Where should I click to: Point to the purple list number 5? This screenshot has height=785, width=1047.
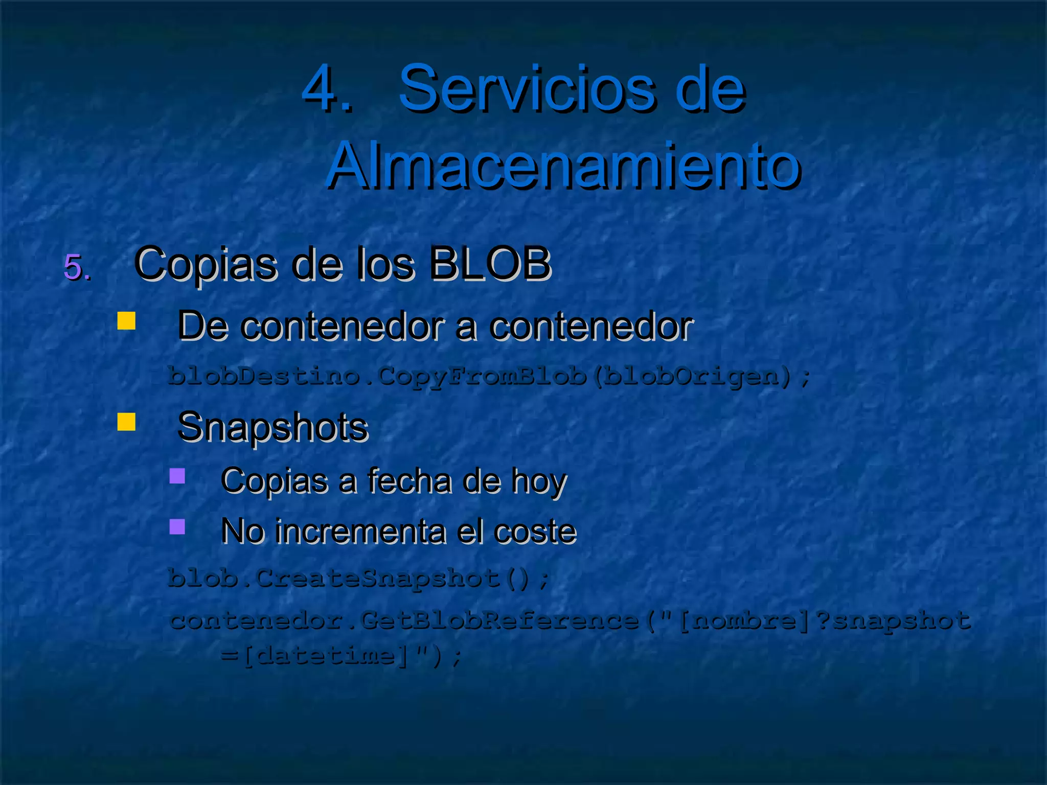click(x=77, y=266)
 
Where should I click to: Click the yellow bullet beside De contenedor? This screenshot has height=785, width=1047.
click(x=126, y=321)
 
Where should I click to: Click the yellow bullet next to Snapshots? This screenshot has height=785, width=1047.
click(x=126, y=422)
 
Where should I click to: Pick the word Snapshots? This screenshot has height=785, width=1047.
click(x=272, y=427)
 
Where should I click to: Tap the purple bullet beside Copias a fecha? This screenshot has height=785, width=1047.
click(x=177, y=476)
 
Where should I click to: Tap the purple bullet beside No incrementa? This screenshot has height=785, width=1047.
click(x=177, y=526)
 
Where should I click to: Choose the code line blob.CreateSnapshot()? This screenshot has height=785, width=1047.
click(x=358, y=579)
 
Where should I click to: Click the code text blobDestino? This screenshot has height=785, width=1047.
click(x=263, y=377)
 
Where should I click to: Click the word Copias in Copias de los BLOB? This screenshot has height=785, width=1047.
click(x=207, y=265)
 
